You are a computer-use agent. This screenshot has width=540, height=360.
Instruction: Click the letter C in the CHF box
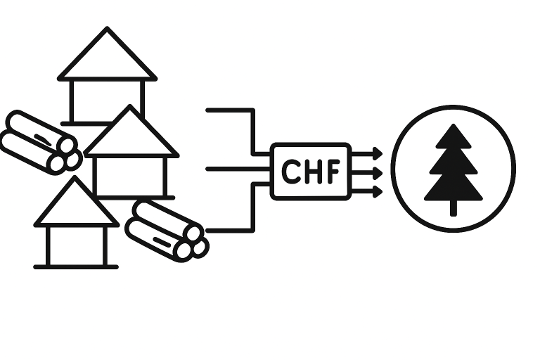290,172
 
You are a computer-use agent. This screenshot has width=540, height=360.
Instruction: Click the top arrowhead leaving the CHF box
378,153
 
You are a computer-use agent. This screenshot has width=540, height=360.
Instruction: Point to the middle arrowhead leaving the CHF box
378,172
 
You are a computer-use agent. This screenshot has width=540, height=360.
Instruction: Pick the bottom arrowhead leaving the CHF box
378,191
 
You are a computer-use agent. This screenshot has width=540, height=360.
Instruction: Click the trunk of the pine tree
454,207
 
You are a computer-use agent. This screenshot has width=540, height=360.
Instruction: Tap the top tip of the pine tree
454,127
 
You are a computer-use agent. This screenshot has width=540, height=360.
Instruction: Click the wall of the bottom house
76,245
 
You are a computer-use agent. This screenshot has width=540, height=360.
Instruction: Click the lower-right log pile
167,230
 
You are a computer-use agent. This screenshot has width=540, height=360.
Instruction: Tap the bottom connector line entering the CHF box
232,229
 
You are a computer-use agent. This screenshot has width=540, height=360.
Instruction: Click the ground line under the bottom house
76,266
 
